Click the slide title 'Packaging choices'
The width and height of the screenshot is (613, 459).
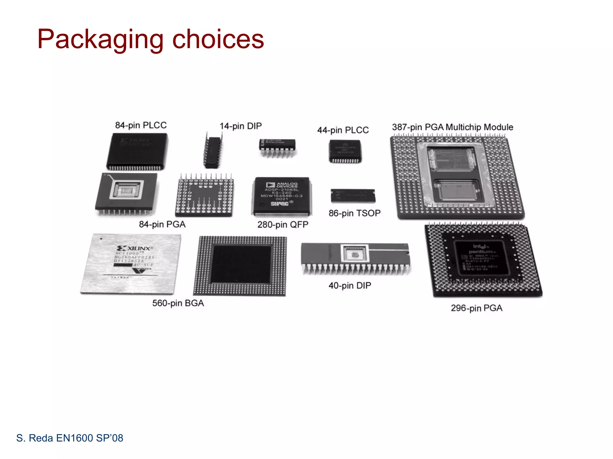coord(151,39)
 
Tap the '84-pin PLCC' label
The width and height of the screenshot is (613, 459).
coord(141,125)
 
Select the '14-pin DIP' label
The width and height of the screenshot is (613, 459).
coord(241,126)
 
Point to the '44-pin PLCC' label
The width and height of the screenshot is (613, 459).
coord(343,130)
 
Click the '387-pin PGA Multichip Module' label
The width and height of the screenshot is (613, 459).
coord(453,127)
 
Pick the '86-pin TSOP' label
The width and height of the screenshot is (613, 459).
coord(354,213)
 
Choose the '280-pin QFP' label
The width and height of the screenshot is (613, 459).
coord(283,225)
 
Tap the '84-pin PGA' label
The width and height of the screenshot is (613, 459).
coord(162,224)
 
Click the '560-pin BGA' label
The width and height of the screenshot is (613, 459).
coord(178,303)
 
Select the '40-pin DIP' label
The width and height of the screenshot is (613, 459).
coord(350,286)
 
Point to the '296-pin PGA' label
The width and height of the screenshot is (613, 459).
coord(477,308)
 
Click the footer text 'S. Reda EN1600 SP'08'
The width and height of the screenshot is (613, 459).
coord(70,438)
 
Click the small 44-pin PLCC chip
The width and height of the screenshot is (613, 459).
coord(345,151)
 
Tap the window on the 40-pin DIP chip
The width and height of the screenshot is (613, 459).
coord(355,254)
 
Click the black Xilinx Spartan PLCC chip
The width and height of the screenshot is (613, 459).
coord(137,151)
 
